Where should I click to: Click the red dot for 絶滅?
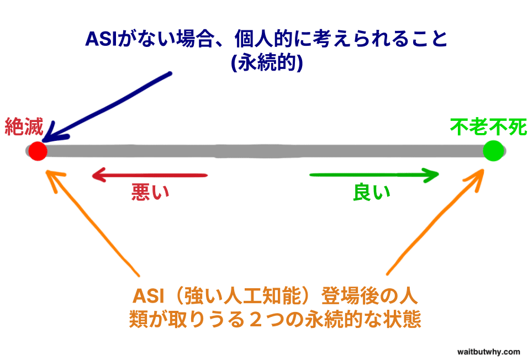point(38,151)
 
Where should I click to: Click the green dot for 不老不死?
point(493,151)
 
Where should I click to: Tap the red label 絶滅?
point(24,127)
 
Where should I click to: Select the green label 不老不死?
point(488,127)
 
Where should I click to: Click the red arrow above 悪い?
point(150,175)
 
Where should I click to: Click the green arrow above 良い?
point(374,175)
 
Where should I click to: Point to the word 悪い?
point(150,192)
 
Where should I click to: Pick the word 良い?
point(372,192)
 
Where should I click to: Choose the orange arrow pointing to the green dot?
point(435,222)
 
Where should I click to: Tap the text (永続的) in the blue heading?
point(267,62)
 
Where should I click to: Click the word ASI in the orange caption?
point(148,297)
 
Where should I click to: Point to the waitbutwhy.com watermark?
point(489,352)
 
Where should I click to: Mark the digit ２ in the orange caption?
point(256,319)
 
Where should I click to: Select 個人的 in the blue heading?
point(263,39)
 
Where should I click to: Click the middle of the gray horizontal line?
point(266,151)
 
